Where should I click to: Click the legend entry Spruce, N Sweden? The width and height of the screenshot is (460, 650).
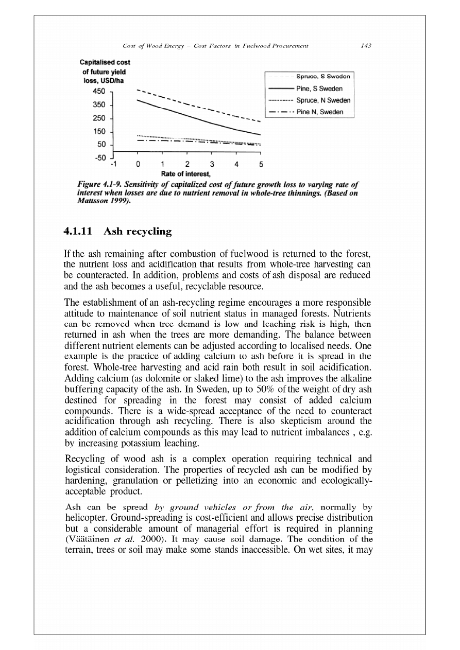pyautogui.click(x=323, y=100)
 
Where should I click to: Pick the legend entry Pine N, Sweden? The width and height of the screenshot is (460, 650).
pyautogui.click(x=320, y=112)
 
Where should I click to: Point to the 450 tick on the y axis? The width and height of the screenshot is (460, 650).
pyautogui.click(x=98, y=91)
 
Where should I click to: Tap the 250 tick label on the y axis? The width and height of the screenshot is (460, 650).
pyautogui.click(x=98, y=118)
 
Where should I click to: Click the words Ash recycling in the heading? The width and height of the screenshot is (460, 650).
pyautogui.click(x=138, y=232)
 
